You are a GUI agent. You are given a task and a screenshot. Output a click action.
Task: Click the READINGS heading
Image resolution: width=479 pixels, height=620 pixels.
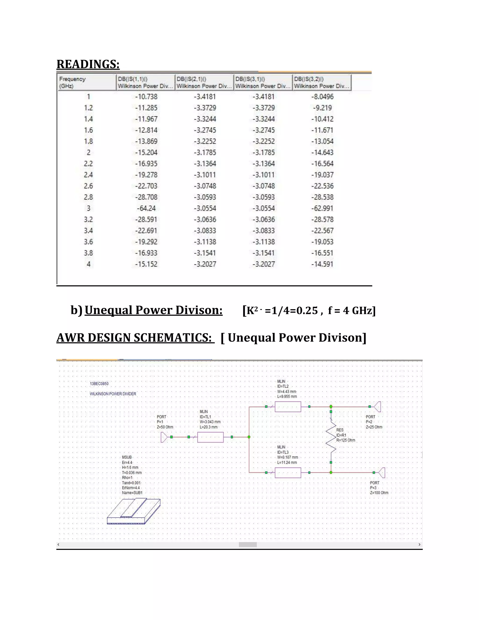pyautogui.click(x=88, y=64)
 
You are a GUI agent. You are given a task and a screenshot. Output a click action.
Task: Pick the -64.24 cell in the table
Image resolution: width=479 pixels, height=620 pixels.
pyautogui.click(x=146, y=208)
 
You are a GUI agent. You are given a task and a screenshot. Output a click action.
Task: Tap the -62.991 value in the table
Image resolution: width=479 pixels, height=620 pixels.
pyautogui.click(x=322, y=208)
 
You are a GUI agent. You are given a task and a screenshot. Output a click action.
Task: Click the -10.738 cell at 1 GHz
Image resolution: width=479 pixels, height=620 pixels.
pyautogui.click(x=146, y=97)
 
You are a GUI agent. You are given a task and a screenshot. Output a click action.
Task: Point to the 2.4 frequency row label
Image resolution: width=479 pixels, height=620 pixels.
pyautogui.click(x=88, y=175)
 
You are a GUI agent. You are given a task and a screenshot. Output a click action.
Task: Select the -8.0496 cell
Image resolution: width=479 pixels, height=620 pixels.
pyautogui.click(x=322, y=97)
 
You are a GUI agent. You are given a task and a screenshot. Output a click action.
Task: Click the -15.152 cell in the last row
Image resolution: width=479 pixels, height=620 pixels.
pyautogui.click(x=146, y=264)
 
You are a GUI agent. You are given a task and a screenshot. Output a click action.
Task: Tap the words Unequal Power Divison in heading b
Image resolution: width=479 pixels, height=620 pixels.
pyautogui.click(x=153, y=310)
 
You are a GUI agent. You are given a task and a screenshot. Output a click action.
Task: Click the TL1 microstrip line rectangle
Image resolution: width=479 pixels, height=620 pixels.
pyautogui.click(x=210, y=437)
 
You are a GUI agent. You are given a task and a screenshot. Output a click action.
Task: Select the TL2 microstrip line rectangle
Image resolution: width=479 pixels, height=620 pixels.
pyautogui.click(x=288, y=407)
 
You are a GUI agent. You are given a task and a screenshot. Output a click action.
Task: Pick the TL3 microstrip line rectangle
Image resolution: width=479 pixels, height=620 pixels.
pyautogui.click(x=288, y=473)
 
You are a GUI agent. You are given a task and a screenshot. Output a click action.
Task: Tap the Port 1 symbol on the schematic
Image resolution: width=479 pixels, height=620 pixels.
pyautogui.click(x=164, y=437)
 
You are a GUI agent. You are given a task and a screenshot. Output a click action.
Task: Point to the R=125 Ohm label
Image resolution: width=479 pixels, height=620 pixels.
pyautogui.click(x=346, y=440)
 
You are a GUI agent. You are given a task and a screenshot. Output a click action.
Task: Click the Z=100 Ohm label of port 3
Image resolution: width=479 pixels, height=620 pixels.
pyautogui.click(x=379, y=493)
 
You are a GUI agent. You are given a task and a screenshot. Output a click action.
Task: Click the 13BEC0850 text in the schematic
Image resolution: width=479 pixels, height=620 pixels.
pyautogui.click(x=99, y=384)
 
